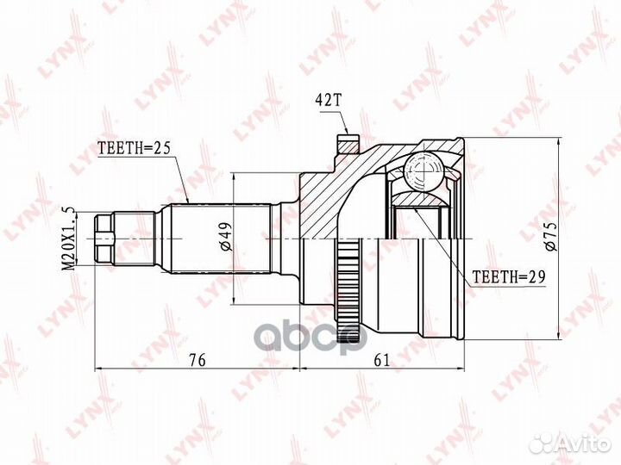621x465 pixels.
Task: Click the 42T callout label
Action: coord(328,101)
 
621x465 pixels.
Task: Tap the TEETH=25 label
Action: coord(134,148)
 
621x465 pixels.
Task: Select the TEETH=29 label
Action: coord(509,276)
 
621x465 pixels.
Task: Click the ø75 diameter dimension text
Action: coord(551,236)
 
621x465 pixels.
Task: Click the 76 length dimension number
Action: coord(198,360)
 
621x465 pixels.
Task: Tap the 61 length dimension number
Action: coord(382,360)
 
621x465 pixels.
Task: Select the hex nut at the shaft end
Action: coord(104,239)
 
